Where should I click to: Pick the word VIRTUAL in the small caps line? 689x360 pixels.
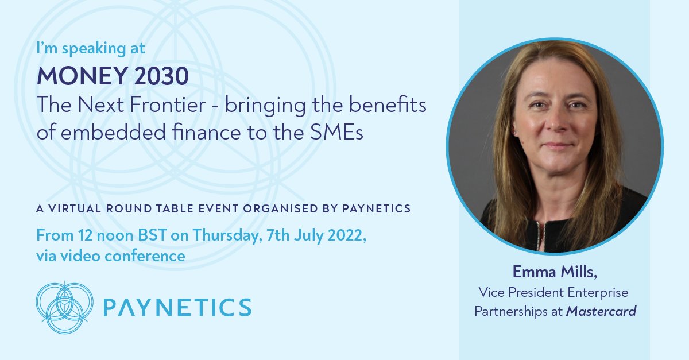73,209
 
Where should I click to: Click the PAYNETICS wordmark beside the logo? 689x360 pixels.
177,307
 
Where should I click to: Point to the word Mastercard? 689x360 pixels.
601,312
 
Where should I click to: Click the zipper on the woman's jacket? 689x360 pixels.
539,235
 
